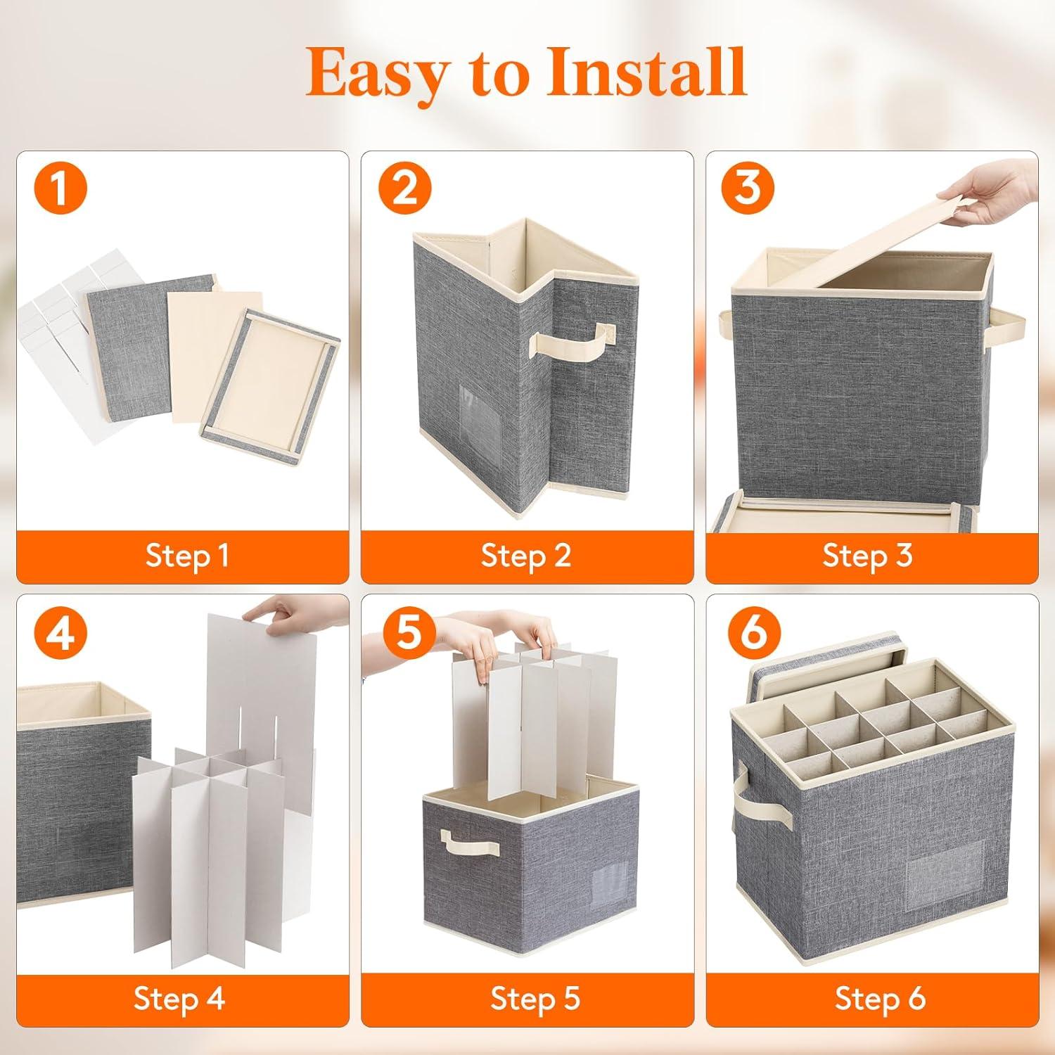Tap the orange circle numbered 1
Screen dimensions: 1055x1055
60,188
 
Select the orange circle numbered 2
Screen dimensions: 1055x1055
404,188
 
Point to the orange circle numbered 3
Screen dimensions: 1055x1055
748,188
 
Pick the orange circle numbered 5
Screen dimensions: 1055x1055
407,631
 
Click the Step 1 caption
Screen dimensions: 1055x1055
186,556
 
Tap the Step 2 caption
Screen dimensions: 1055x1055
526,556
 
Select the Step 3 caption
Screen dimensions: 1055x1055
867,556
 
